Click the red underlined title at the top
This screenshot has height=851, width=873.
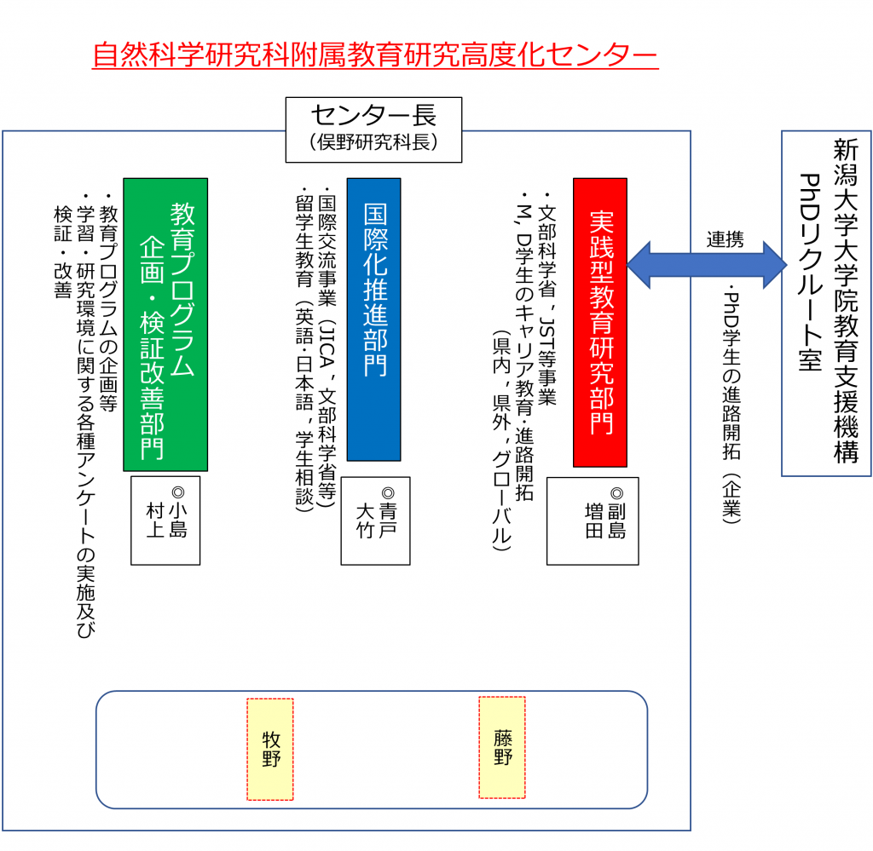(x=375, y=55)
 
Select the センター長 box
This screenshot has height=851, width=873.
(x=373, y=129)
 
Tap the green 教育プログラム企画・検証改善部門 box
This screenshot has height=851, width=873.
(x=165, y=324)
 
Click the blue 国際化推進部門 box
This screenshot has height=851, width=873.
(x=373, y=319)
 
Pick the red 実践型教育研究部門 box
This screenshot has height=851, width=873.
(x=600, y=322)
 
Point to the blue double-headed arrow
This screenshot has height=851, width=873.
(x=707, y=264)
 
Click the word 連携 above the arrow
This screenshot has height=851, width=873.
(x=725, y=239)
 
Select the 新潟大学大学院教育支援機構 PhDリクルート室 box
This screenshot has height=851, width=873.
(x=826, y=302)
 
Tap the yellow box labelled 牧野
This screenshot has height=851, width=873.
(x=270, y=749)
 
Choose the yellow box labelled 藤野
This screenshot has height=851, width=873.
(x=502, y=747)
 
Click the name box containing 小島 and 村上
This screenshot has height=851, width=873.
(x=165, y=520)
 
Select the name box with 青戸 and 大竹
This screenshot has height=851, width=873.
(x=375, y=520)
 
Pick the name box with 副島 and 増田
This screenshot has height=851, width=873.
(x=604, y=520)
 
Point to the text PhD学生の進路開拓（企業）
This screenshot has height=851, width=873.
(x=731, y=400)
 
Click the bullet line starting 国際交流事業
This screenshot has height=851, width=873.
(x=326, y=349)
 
